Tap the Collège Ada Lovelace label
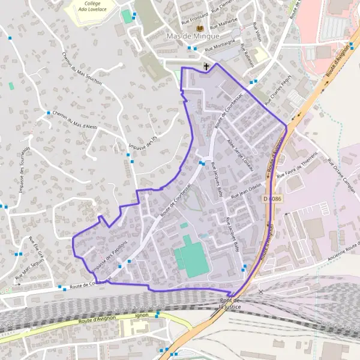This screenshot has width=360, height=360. (x=92, y=6)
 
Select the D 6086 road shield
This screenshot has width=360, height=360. (x=272, y=198)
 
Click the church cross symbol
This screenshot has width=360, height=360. (x=206, y=67)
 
